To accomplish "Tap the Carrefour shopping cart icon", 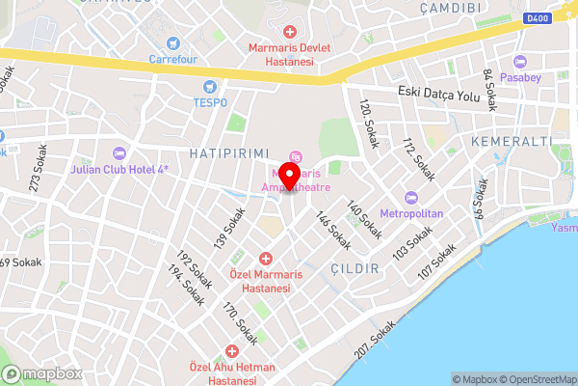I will click(x=173, y=42).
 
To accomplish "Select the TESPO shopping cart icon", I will click(x=209, y=86).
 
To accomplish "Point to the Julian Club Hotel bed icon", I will click(x=119, y=153).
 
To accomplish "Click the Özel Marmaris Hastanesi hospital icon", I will click(x=267, y=259).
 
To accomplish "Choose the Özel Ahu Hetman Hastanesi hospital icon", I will click(x=231, y=352).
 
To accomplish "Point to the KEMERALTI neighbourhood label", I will click(x=512, y=142).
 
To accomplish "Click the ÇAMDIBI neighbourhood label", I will click(x=451, y=7).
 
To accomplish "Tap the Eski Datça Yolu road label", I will click(x=439, y=93).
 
